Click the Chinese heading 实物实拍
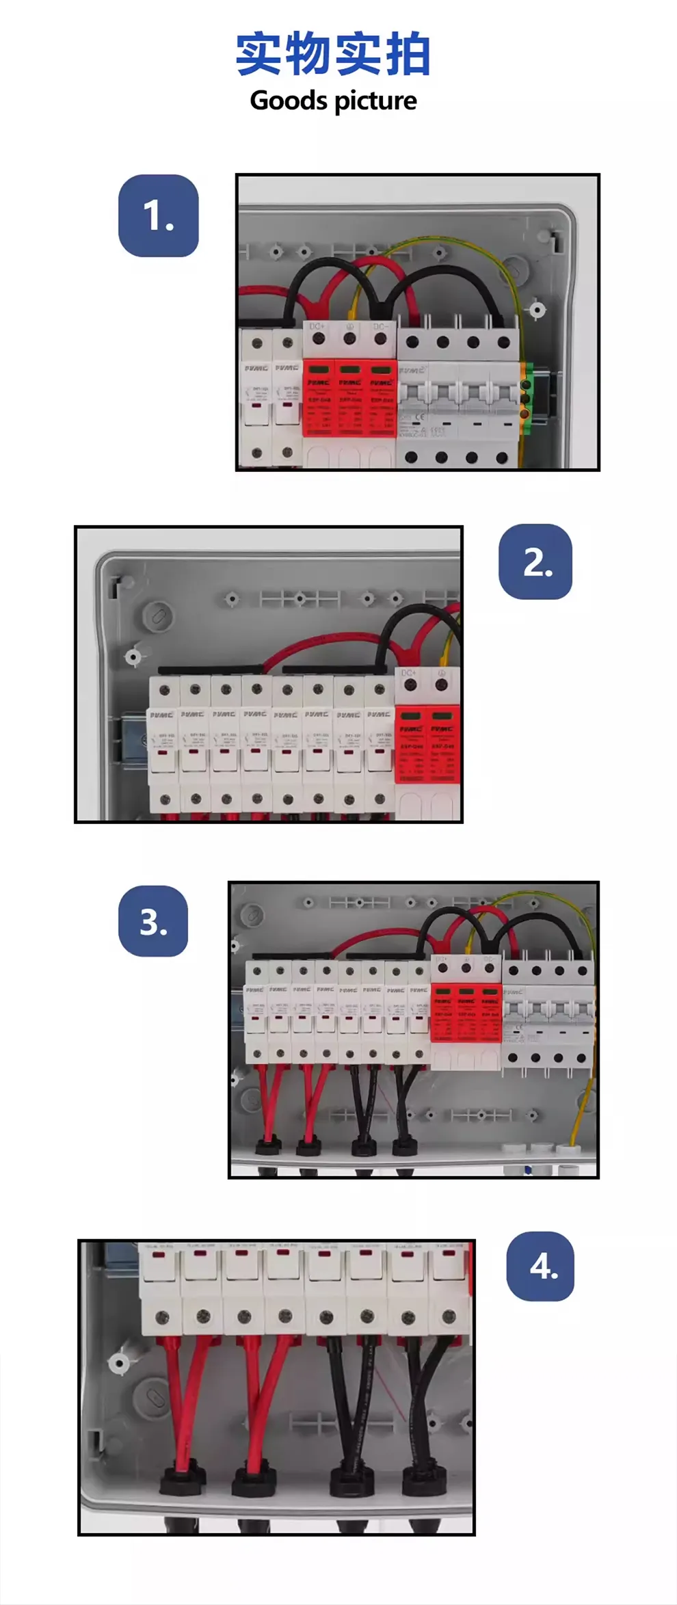click(x=333, y=54)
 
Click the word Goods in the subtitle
click(x=288, y=101)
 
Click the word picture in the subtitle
click(x=375, y=101)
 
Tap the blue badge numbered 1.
click(x=159, y=216)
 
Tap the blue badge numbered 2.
click(x=535, y=562)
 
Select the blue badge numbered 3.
click(x=153, y=921)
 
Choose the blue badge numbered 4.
click(x=540, y=1266)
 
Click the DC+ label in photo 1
click(x=317, y=327)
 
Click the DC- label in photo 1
click(x=380, y=327)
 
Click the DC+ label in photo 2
click(x=408, y=673)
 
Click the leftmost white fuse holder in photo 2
click(x=163, y=745)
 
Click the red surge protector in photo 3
click(x=466, y=1012)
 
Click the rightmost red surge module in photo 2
click(x=442, y=746)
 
